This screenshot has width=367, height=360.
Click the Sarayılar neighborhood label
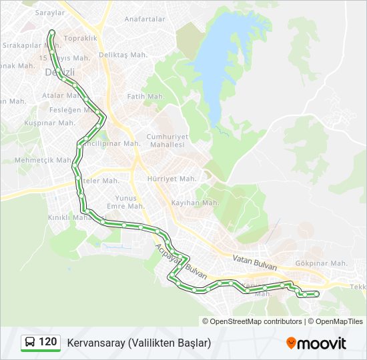31,13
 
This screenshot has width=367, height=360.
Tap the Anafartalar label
145,19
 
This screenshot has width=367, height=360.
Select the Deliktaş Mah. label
121,55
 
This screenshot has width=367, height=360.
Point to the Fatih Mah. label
145,97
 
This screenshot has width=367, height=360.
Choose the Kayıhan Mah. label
195,203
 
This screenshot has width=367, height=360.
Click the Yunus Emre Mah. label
125,202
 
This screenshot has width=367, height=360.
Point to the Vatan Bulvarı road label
254,262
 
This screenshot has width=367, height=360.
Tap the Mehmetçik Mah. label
43,160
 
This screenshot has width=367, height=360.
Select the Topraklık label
81,38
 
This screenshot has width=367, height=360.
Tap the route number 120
48,342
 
